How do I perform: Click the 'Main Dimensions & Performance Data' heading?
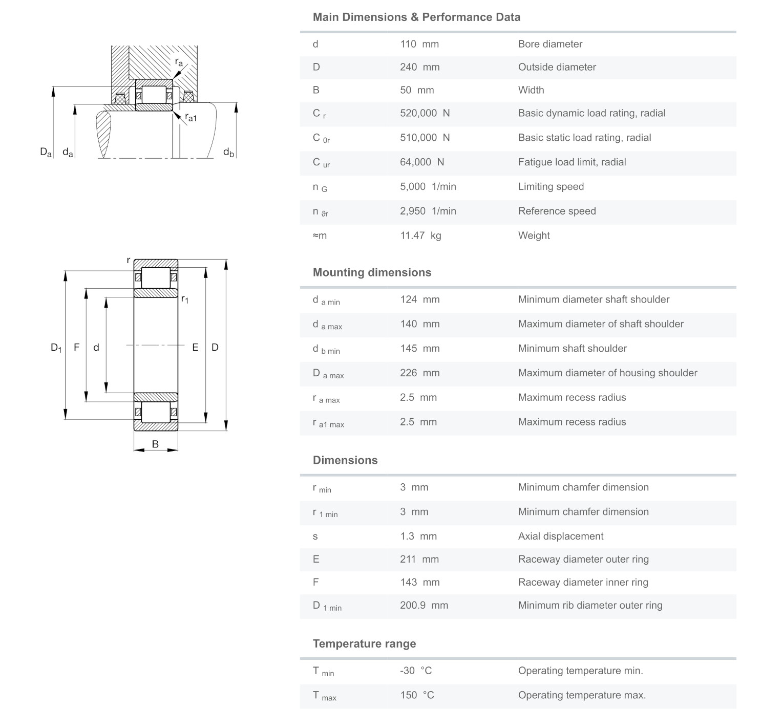click(x=416, y=17)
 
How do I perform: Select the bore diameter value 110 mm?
click(x=419, y=44)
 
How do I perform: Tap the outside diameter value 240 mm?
click(x=419, y=67)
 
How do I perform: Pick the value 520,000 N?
click(x=425, y=113)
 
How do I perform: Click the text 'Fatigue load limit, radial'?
click(x=571, y=162)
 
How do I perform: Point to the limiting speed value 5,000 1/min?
click(x=428, y=187)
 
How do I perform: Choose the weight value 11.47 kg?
click(x=420, y=235)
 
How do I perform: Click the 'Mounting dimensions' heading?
click(x=372, y=272)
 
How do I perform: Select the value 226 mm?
click(x=419, y=373)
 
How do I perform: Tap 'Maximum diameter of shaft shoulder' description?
click(x=601, y=324)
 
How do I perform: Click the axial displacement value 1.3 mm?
click(x=418, y=536)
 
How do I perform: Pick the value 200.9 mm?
click(x=424, y=605)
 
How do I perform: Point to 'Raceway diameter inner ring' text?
click(x=583, y=582)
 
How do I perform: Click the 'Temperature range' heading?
click(x=364, y=643)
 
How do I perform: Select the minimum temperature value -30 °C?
click(x=415, y=671)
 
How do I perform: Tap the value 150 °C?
click(x=417, y=695)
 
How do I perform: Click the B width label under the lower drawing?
click(x=155, y=444)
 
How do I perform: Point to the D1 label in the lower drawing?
click(x=56, y=348)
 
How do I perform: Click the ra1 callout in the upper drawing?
click(x=190, y=118)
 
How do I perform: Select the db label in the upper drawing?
click(x=228, y=152)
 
